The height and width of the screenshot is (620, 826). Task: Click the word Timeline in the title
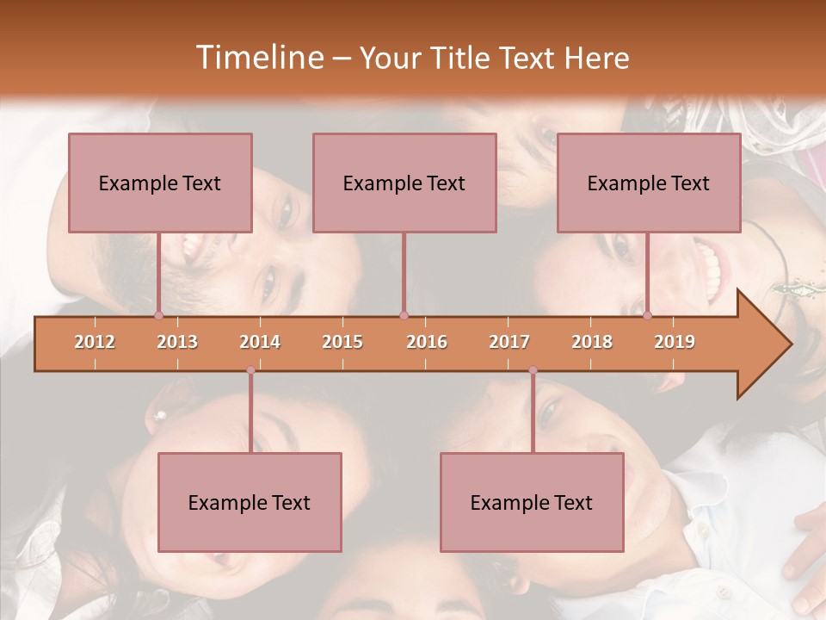click(x=258, y=58)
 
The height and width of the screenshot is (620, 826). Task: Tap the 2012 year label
click(x=95, y=342)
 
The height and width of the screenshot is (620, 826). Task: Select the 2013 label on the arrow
click(x=177, y=342)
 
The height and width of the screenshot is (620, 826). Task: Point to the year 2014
click(x=260, y=342)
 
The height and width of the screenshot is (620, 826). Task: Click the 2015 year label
click(x=342, y=342)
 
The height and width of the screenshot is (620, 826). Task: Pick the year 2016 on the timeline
click(x=427, y=342)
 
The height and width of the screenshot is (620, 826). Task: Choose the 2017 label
click(x=509, y=342)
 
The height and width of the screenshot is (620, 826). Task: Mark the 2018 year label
click(x=592, y=342)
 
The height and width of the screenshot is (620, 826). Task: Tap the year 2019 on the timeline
click(x=675, y=342)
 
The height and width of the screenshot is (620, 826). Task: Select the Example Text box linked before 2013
click(x=160, y=183)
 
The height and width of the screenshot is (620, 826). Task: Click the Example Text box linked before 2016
click(x=404, y=183)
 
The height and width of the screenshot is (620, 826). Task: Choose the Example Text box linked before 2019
click(x=649, y=183)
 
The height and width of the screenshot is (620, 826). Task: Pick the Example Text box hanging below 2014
click(x=250, y=502)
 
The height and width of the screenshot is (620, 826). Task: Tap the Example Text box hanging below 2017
click(x=532, y=502)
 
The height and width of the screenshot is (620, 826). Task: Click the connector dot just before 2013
click(x=158, y=315)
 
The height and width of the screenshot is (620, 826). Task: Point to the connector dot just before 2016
click(x=404, y=315)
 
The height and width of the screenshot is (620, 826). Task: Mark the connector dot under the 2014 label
click(x=250, y=370)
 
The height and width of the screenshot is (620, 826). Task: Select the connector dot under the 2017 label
click(x=533, y=370)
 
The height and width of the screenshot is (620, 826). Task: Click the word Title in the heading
click(x=463, y=58)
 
